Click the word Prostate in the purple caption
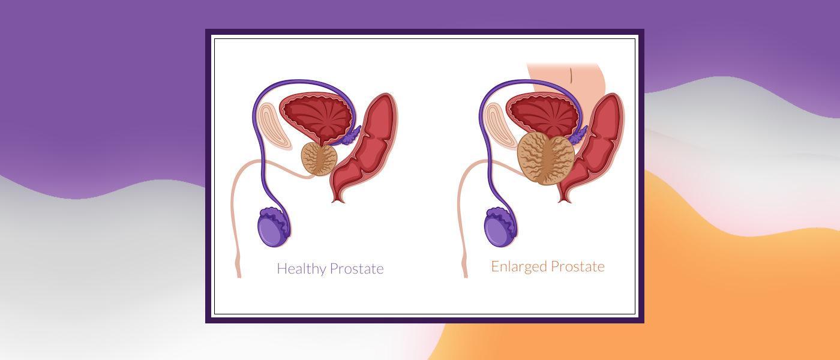tap(356, 268)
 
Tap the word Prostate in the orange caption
tap(577, 266)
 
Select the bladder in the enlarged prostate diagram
tap(542, 115)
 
